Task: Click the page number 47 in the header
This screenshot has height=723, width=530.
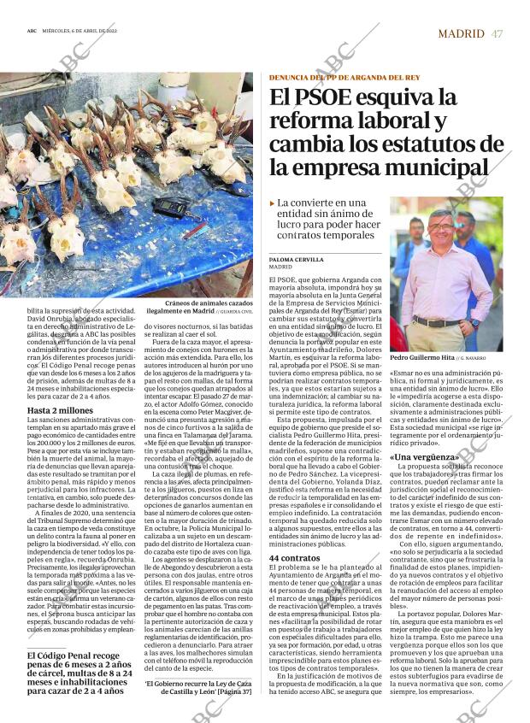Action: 497,33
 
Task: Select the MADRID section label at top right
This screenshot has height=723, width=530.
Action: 461,33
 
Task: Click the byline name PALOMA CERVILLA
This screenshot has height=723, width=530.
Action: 295,259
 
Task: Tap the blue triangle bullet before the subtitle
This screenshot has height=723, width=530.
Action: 272,204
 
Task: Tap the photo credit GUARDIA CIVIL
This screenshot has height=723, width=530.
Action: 237,313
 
